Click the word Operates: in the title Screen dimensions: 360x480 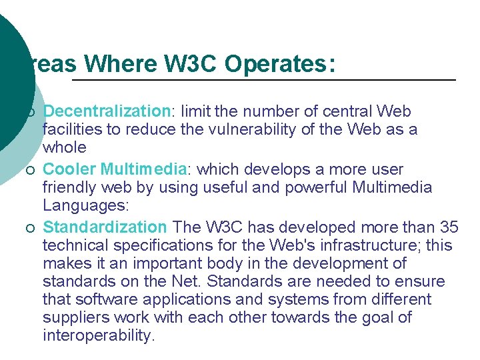(x=280, y=64)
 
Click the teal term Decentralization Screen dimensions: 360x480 (x=107, y=111)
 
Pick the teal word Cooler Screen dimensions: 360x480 (x=71, y=169)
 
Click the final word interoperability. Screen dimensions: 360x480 (x=98, y=335)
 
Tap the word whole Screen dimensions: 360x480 (x=65, y=147)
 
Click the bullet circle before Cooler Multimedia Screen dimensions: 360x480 (x=31, y=170)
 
